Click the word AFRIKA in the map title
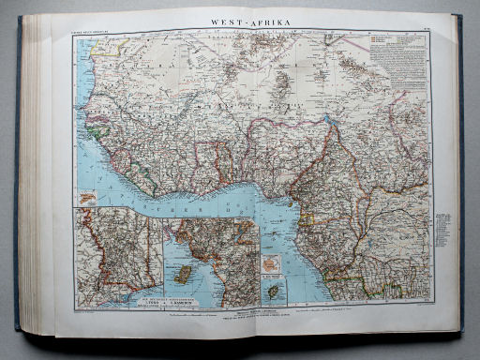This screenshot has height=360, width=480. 267,20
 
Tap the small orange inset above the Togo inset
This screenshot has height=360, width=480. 87,198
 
